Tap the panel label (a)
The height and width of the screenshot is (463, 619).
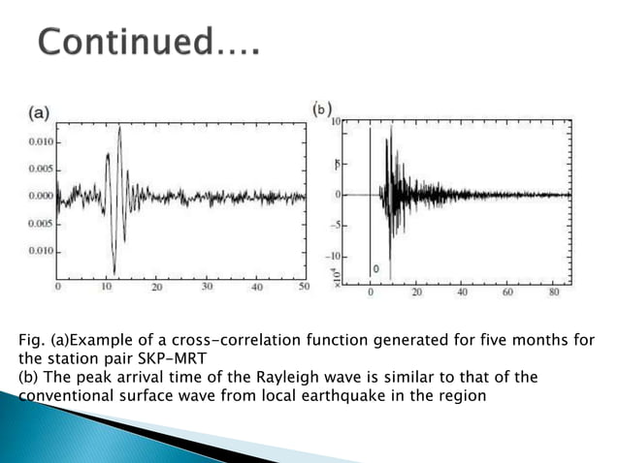(39, 112)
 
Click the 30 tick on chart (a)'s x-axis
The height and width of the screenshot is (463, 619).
(207, 288)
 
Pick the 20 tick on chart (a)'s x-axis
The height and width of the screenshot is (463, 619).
(157, 288)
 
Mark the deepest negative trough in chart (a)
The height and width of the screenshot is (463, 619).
(114, 272)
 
